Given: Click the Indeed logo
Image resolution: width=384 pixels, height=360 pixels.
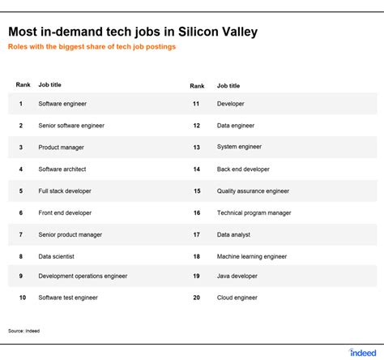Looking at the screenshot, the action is [x=363, y=353].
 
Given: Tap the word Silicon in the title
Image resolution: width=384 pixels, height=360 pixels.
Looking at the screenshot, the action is [x=198, y=32].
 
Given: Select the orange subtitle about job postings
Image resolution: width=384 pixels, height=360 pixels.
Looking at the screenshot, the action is [x=92, y=47].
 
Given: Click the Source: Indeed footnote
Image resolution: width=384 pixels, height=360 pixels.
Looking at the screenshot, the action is [x=23, y=331].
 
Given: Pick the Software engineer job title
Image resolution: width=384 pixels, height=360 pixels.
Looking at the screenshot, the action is [x=62, y=104].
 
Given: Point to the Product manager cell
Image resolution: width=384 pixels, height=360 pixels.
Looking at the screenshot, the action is [x=61, y=148].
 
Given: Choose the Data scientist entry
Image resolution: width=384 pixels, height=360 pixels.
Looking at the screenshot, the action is [x=56, y=256].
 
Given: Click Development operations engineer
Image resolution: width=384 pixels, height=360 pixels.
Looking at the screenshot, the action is [x=83, y=276].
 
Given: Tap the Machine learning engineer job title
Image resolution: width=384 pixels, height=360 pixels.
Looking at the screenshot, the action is [x=252, y=257].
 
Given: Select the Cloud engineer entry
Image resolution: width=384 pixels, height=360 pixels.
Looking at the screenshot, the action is [x=237, y=298].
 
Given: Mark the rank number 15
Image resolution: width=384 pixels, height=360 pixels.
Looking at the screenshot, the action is [x=197, y=191].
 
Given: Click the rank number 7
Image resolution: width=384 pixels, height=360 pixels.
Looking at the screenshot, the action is [x=21, y=234].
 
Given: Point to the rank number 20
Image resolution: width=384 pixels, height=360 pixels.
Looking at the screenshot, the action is [x=197, y=298].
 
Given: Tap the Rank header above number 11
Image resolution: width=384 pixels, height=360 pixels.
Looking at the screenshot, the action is [x=197, y=86].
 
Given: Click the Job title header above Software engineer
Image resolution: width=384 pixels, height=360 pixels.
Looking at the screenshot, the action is [x=49, y=85].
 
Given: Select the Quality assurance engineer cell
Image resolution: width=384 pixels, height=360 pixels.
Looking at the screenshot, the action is [x=253, y=191].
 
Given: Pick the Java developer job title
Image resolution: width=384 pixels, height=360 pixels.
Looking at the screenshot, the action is [x=237, y=276].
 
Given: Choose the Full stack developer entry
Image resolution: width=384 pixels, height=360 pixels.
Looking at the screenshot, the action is [x=65, y=191].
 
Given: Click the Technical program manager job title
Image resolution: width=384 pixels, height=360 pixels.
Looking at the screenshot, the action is [x=254, y=213].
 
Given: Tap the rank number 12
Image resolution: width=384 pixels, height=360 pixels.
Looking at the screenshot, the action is [x=197, y=126].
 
